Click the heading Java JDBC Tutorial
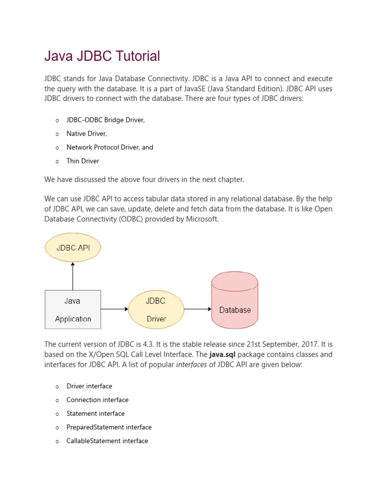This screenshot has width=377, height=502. click(x=102, y=56)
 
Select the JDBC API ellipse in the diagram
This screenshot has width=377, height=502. click(x=73, y=248)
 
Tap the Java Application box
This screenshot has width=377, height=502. click(x=73, y=309)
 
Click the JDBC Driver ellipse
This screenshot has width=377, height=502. click(x=156, y=309)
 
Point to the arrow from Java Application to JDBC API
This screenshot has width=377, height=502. click(x=73, y=276)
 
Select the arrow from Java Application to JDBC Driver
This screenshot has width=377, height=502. click(x=114, y=309)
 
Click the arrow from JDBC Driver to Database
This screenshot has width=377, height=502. click(x=197, y=309)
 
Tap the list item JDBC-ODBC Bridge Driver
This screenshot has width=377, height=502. click(x=106, y=120)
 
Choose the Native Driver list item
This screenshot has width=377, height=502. click(x=86, y=134)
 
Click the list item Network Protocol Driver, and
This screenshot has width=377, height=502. click(x=110, y=148)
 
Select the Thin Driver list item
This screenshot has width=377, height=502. click(x=83, y=161)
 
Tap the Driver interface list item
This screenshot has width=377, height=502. click(x=89, y=386)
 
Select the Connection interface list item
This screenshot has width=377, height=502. click(x=97, y=400)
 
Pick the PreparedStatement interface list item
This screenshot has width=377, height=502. click(x=109, y=427)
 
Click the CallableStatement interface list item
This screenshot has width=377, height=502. click(x=107, y=441)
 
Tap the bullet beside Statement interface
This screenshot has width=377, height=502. click(x=57, y=414)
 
